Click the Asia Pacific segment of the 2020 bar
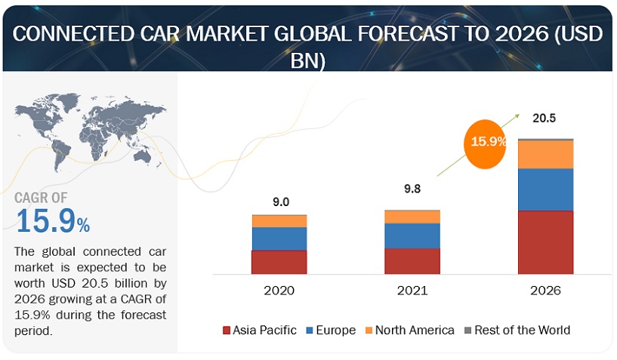(x=279, y=261)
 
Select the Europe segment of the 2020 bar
(x=279, y=238)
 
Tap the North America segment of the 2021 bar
(x=412, y=217)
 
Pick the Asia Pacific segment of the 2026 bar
(x=545, y=242)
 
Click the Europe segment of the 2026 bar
(x=545, y=189)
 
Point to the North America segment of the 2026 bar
(x=545, y=154)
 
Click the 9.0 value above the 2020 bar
(x=281, y=202)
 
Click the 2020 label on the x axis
(x=279, y=291)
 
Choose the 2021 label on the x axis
(x=412, y=291)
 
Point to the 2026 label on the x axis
(x=545, y=291)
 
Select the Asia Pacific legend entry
(x=260, y=330)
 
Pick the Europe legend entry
(x=332, y=330)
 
